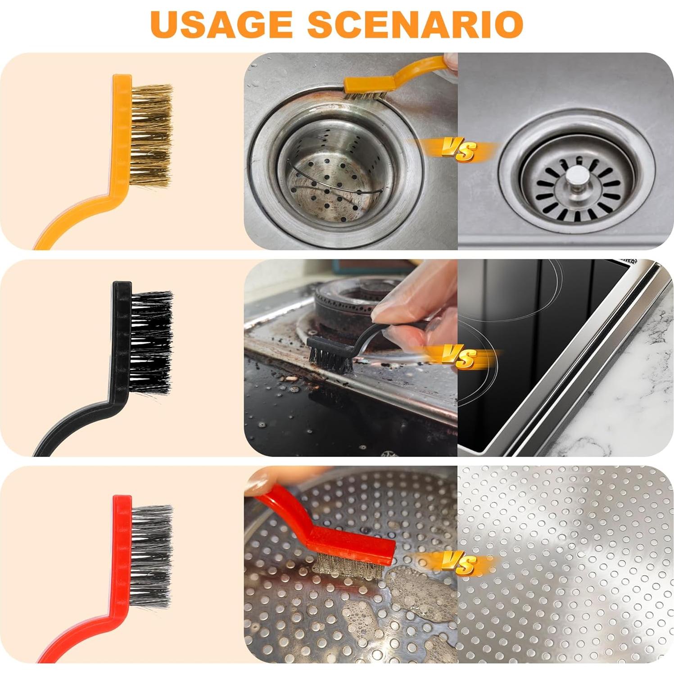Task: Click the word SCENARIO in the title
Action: tap(415, 23)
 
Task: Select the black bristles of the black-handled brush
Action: tap(151, 342)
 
